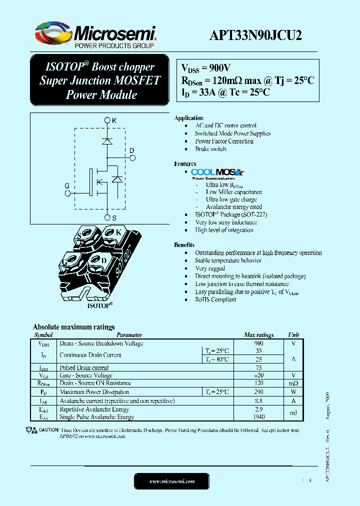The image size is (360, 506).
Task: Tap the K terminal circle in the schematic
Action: tap(107, 120)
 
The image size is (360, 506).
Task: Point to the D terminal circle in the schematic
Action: tap(132, 157)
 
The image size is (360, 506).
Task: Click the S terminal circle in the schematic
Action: tap(107, 217)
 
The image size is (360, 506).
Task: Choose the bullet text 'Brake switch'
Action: tap(210, 149)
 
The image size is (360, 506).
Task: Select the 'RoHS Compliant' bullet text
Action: tap(215, 299)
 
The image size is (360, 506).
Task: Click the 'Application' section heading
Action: tap(188, 118)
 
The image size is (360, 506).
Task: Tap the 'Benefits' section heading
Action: tap(184, 245)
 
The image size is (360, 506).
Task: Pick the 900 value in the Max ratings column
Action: tap(258, 343)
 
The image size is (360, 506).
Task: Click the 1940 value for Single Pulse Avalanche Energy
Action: tap(258, 417)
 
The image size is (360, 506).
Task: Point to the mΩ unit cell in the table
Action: tap(293, 383)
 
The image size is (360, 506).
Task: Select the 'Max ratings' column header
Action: tap(258, 335)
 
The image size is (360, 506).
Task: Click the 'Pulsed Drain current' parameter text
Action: tap(84, 367)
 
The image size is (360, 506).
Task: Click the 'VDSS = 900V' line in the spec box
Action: tap(206, 68)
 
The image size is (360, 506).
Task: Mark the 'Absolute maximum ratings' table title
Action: tap(73, 327)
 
